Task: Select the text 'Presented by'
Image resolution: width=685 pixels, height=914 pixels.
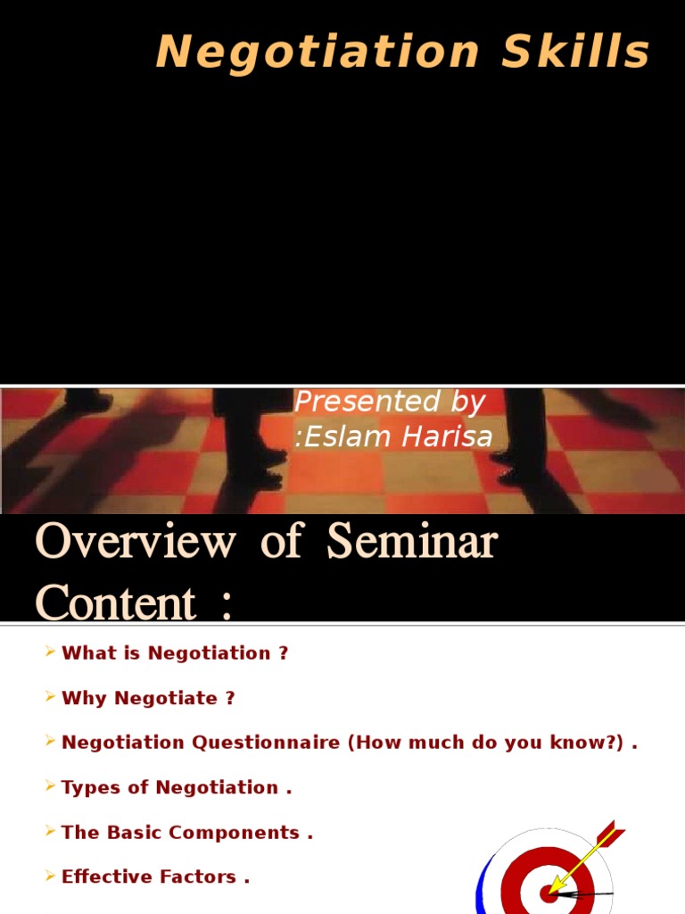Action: click(390, 403)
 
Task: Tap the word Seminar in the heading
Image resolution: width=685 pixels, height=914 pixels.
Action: click(411, 542)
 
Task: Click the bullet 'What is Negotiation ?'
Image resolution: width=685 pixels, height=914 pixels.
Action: click(175, 652)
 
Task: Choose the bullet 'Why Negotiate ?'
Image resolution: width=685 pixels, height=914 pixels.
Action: click(148, 698)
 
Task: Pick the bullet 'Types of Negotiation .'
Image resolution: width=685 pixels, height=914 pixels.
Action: click(177, 787)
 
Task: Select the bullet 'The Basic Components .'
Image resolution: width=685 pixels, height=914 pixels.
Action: click(187, 833)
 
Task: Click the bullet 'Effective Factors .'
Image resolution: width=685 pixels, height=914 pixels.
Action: click(155, 877)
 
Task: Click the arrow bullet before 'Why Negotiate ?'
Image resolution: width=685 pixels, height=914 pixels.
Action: click(50, 698)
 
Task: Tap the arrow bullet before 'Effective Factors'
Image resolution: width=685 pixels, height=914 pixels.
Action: click(50, 877)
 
